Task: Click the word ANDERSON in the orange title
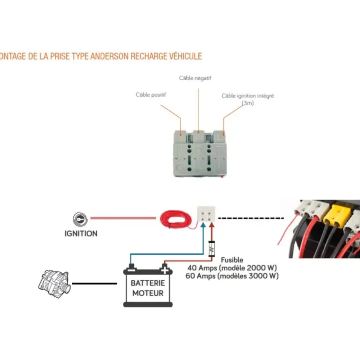pyautogui.click(x=109, y=56)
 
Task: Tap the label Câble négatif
pyautogui.click(x=195, y=78)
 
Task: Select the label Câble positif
pyautogui.click(x=151, y=94)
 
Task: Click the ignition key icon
pyautogui.click(x=80, y=219)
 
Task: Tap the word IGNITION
pyautogui.click(x=81, y=234)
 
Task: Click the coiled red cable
pyautogui.click(x=176, y=219)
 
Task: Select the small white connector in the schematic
pyautogui.click(x=206, y=214)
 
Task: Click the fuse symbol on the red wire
pyautogui.click(x=212, y=249)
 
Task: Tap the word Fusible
pyautogui.click(x=232, y=260)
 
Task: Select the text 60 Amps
pyautogui.click(x=200, y=276)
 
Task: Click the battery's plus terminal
pyautogui.click(x=164, y=269)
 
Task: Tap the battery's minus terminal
pyautogui.click(x=131, y=269)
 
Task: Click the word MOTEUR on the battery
pyautogui.click(x=148, y=293)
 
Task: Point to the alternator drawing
pyautogui.click(x=54, y=284)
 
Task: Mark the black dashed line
pyautogui.click(x=251, y=218)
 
